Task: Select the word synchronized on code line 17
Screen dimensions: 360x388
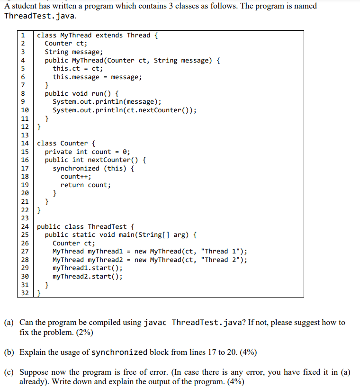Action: (76, 168)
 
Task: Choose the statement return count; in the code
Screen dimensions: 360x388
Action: (85, 185)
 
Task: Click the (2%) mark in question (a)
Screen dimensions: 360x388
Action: (82, 333)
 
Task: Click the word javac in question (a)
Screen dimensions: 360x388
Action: (155, 323)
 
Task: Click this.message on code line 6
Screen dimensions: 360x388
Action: (76, 77)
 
